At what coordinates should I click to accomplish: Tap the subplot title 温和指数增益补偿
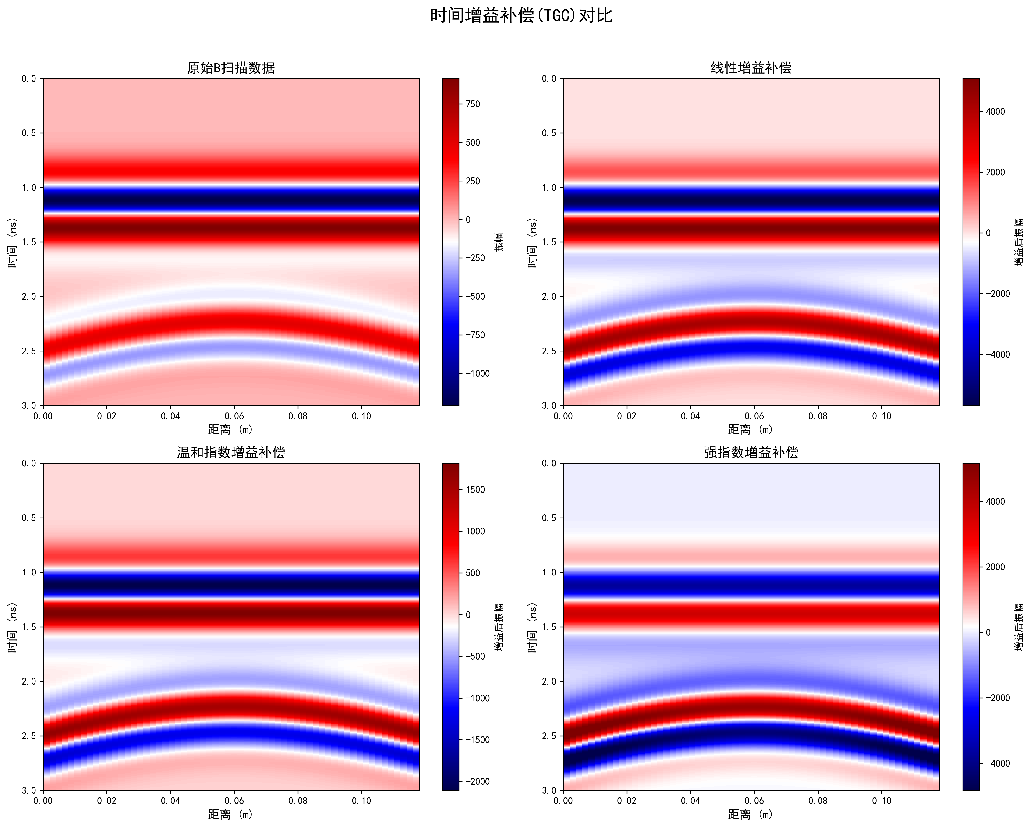pos(231,452)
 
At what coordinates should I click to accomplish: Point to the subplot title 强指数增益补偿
pos(751,452)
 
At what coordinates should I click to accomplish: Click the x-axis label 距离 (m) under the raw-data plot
pos(231,429)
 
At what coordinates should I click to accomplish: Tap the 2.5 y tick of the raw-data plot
pos(29,351)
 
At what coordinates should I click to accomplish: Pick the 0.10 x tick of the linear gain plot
pos(881,416)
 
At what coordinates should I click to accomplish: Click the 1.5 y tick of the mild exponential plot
pos(29,627)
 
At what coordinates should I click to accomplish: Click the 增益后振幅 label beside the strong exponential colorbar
pos(1019,627)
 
